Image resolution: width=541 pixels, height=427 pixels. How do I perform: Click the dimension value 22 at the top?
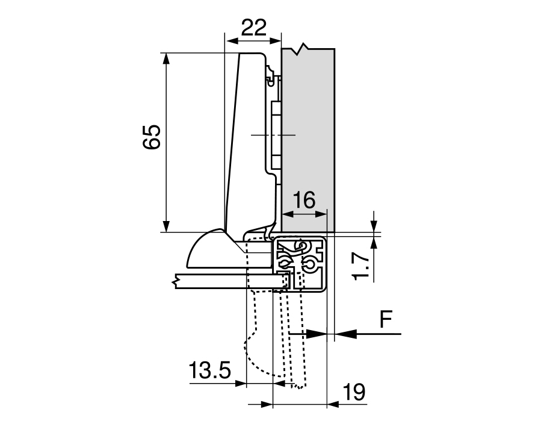(x=253, y=28)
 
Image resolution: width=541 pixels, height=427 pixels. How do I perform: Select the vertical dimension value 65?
(x=151, y=137)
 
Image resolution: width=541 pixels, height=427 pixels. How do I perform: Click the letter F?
(x=387, y=320)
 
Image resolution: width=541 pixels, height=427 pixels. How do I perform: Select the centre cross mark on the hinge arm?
(x=273, y=136)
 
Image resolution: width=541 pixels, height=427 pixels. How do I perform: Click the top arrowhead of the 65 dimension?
(x=165, y=58)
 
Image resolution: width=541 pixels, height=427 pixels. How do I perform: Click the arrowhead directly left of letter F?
(x=341, y=332)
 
